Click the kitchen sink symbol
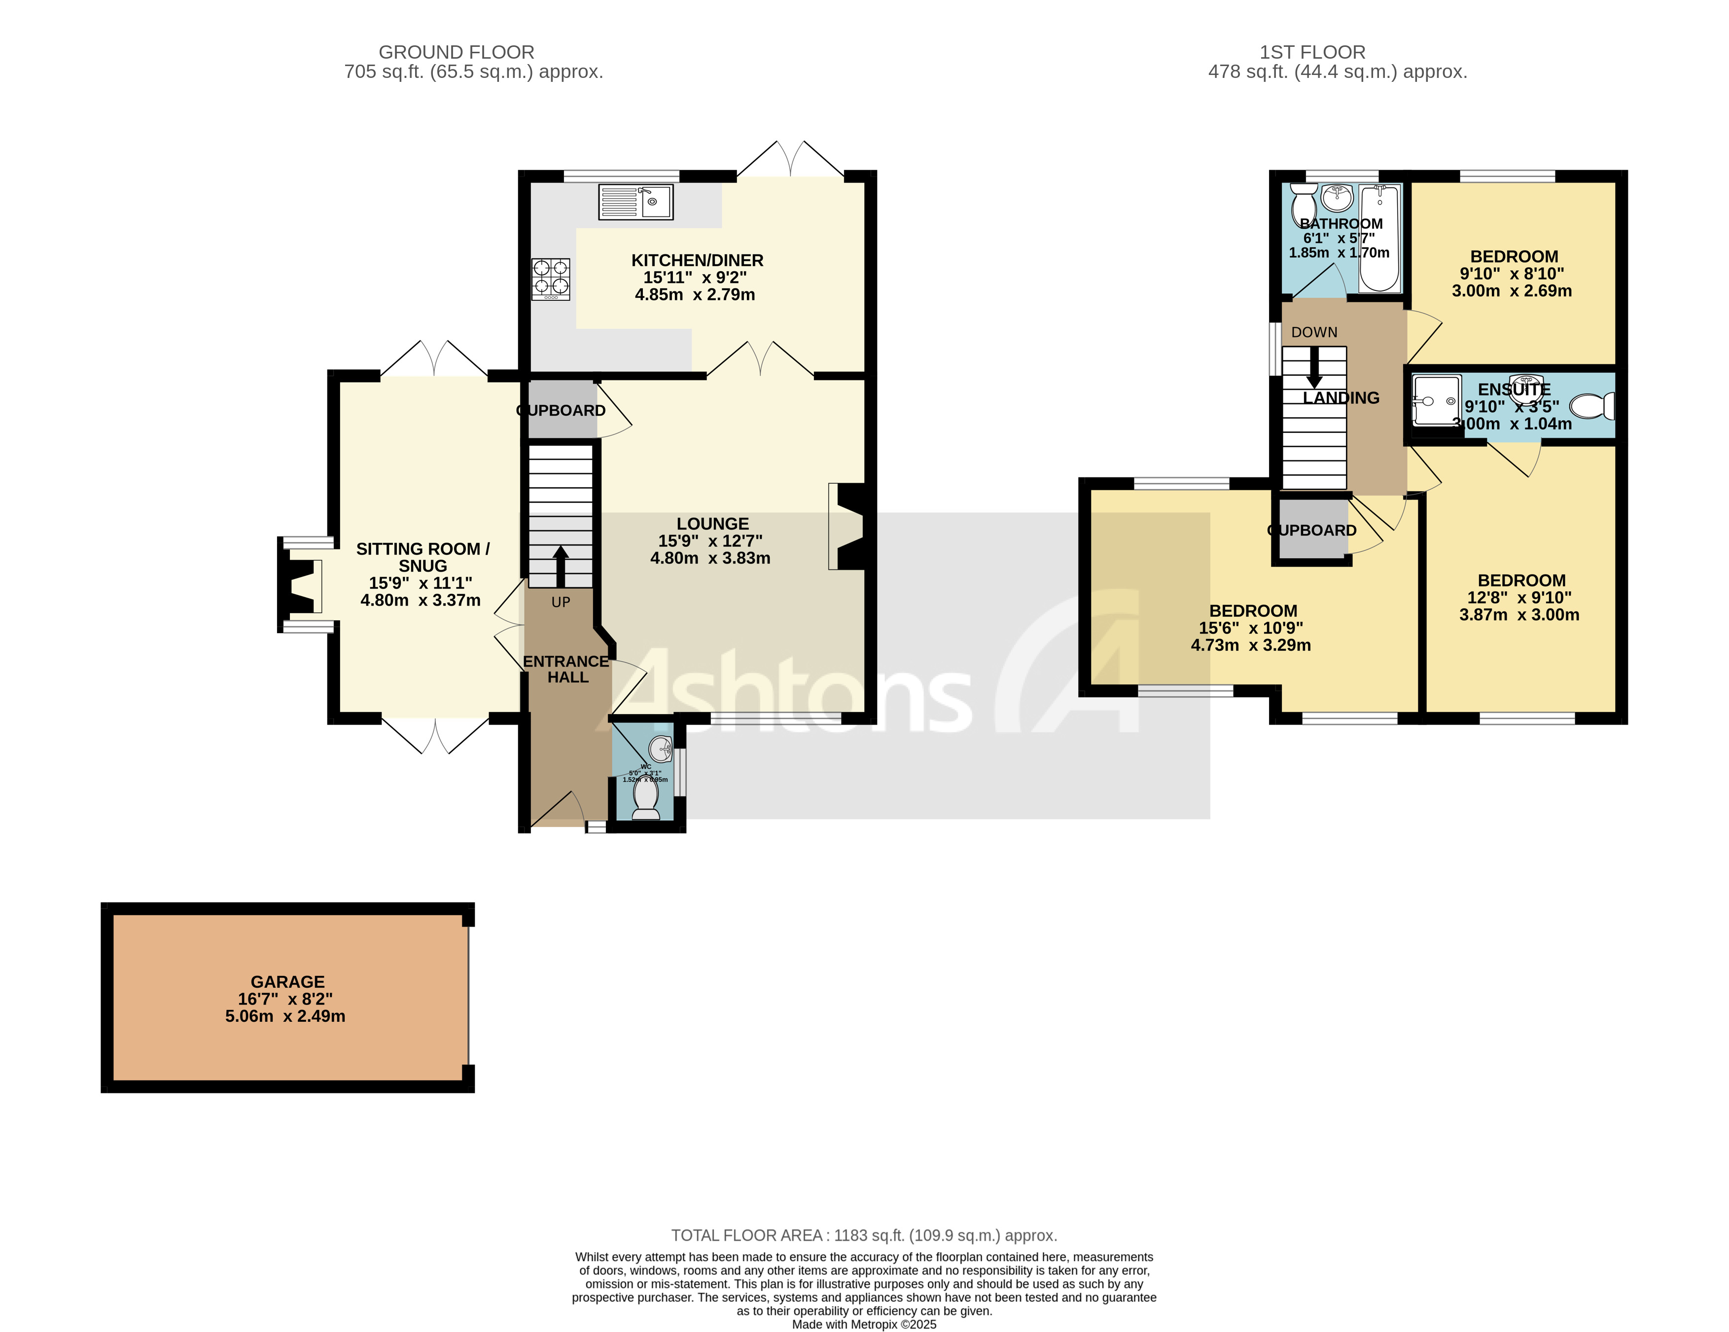tap(635, 201)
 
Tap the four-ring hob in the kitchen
tap(550, 279)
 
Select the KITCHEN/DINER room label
tap(697, 260)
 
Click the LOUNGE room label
tap(712, 523)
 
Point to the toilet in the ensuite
tap(1591, 406)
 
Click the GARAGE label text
tap(287, 981)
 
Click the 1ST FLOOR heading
tap(1312, 52)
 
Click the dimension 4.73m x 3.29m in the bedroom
tap(1250, 645)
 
